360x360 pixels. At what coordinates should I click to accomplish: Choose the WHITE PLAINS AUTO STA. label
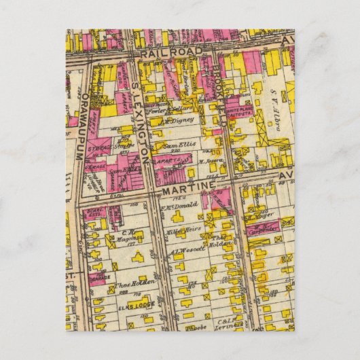coord(242,118)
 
